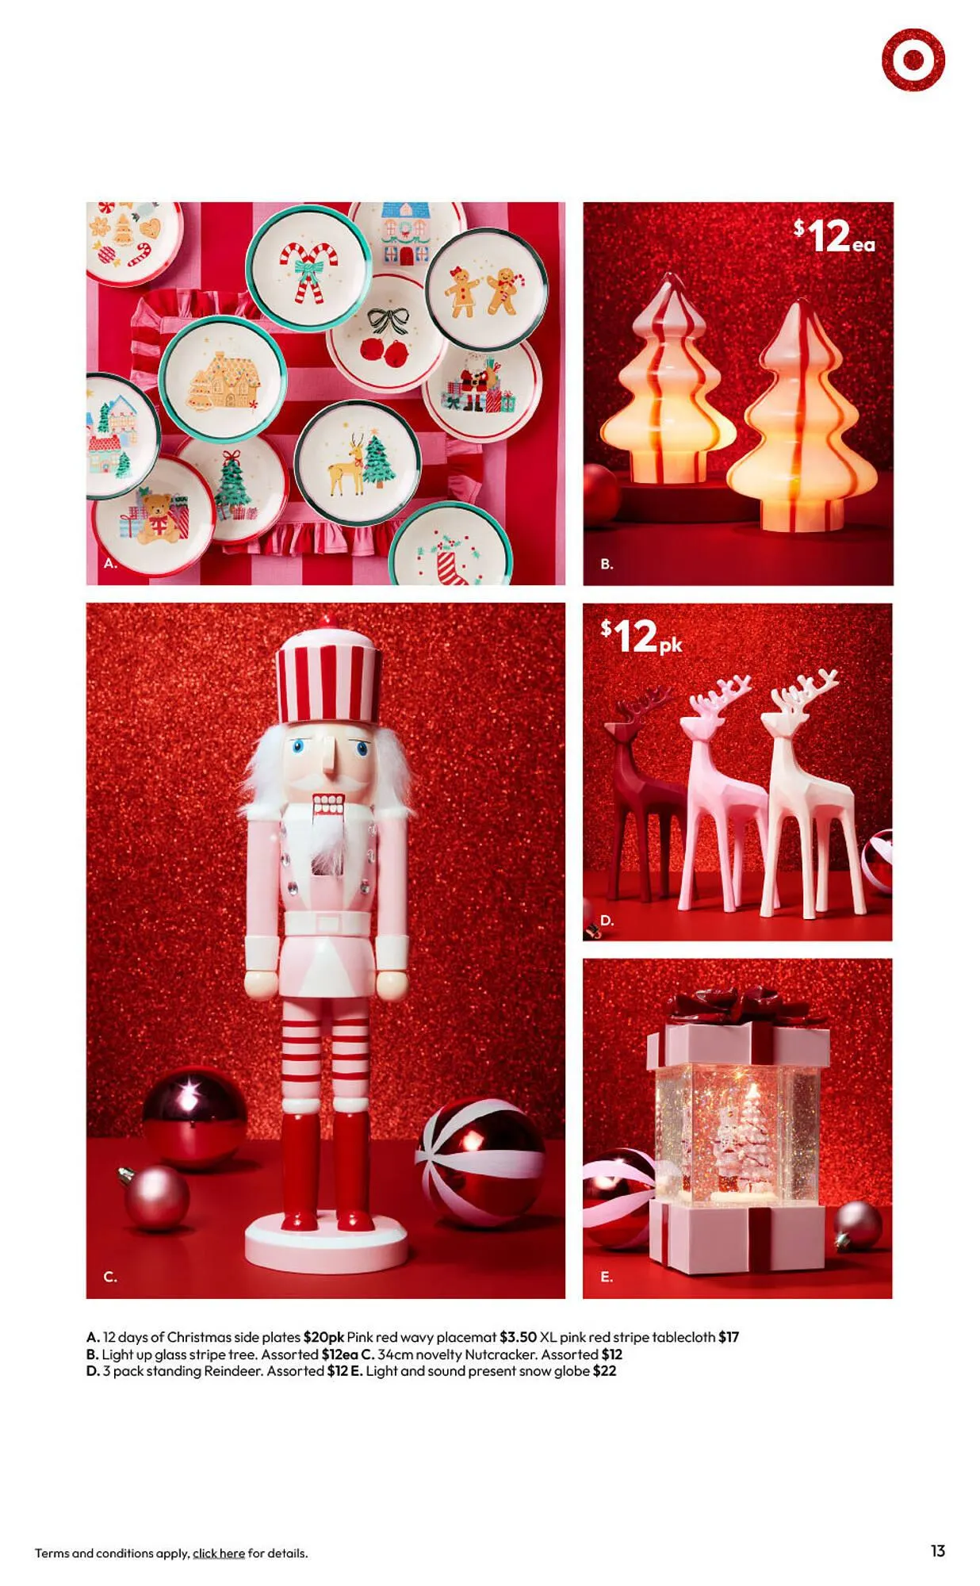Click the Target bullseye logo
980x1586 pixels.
point(913,59)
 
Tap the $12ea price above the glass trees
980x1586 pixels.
point(834,236)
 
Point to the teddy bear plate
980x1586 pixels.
point(155,515)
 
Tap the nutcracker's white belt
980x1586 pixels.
point(327,922)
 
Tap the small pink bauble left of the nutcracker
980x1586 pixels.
point(157,1197)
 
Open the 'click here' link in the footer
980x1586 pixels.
point(218,1553)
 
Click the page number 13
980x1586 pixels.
point(937,1550)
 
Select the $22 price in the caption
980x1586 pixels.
point(604,1370)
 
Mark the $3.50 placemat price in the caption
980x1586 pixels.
point(518,1337)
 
